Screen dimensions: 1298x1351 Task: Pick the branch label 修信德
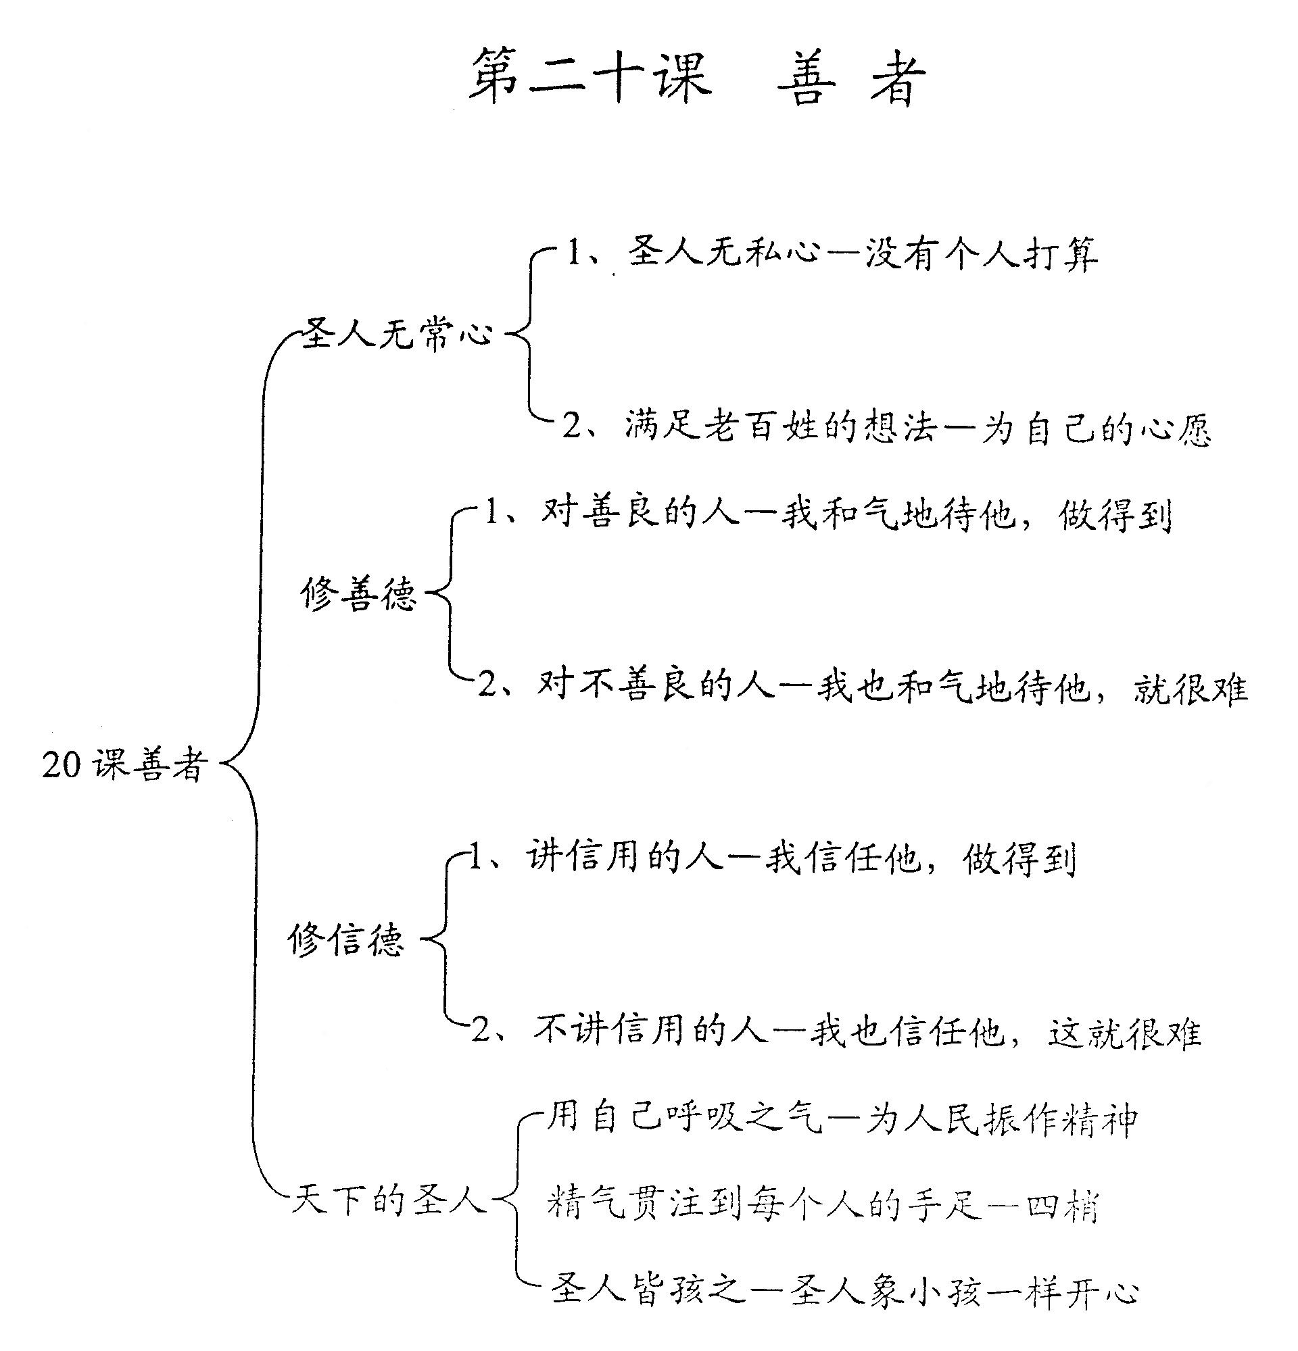coord(346,939)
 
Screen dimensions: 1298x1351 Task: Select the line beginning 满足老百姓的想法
coord(887,427)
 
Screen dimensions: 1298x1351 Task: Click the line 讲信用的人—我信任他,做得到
coord(773,859)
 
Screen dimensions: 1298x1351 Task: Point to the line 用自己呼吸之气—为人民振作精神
coord(841,1120)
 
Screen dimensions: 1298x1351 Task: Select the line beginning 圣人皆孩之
coord(845,1291)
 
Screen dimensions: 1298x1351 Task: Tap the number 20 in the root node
coord(62,765)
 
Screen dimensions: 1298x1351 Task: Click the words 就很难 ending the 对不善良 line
coord(1191,688)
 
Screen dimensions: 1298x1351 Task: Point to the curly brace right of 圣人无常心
coord(530,336)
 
